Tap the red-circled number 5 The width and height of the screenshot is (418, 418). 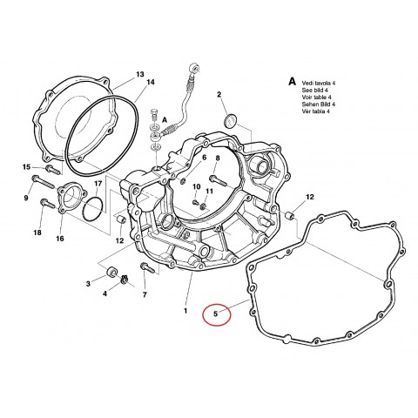pyautogui.click(x=216, y=312)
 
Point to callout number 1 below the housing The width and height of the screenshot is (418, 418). pyautogui.click(x=185, y=310)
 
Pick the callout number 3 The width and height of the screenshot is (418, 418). pyautogui.click(x=89, y=284)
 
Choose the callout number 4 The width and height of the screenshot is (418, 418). pyautogui.click(x=104, y=293)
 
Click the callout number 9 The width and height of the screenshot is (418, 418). pyautogui.click(x=27, y=199)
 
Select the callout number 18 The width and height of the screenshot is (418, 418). pyautogui.click(x=37, y=233)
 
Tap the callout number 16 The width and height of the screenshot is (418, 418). pyautogui.click(x=60, y=238)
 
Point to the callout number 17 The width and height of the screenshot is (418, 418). pyautogui.click(x=98, y=184)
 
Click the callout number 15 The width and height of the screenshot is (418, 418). pyautogui.click(x=27, y=167)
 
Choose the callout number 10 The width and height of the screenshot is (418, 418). pyautogui.click(x=197, y=187)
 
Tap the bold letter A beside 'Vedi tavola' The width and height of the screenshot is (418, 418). pyautogui.click(x=292, y=79)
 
